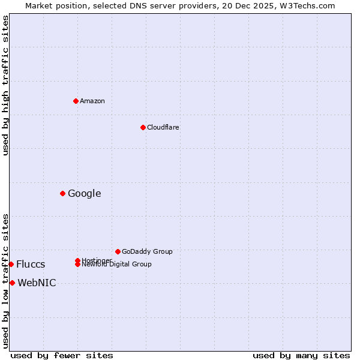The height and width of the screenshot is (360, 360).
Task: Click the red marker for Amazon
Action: [76, 101]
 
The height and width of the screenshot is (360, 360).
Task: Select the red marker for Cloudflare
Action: [143, 127]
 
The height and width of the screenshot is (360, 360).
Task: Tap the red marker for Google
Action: [62, 193]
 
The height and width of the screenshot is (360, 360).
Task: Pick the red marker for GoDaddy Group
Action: [118, 251]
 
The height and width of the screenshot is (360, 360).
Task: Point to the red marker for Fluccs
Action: [11, 264]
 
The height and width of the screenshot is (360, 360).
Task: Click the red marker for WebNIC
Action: [12, 283]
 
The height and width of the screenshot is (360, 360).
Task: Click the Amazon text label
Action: [92, 101]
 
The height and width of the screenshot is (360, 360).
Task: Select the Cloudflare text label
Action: [163, 127]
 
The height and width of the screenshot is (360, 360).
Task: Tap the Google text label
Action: [85, 193]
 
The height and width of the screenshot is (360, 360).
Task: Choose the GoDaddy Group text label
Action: [147, 251]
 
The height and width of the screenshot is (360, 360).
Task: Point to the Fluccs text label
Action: [31, 265]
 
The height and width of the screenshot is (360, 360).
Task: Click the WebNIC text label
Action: [37, 283]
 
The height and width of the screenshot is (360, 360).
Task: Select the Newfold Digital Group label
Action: [117, 264]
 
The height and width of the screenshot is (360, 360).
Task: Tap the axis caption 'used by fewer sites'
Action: [62, 355]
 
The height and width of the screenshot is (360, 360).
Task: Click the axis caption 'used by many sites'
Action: [301, 355]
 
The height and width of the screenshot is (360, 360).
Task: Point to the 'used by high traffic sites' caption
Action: [5, 85]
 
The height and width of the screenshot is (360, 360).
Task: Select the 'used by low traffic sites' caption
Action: [5, 281]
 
